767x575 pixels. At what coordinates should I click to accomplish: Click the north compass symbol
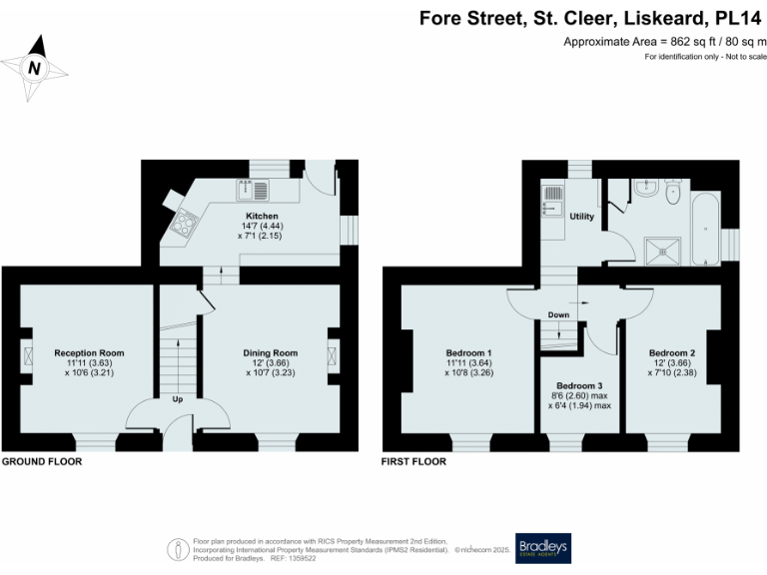coord(36,67)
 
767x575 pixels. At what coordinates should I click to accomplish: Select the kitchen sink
coord(252,188)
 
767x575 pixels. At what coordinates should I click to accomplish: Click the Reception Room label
coord(89,352)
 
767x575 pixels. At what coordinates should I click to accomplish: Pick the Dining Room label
coord(271,352)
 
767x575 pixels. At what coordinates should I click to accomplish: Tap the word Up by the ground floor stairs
coord(178,399)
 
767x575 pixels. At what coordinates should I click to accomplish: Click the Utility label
coord(582,216)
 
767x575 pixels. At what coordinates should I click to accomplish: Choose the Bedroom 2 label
coord(672,352)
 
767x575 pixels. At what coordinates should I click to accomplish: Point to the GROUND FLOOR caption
coord(42,462)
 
